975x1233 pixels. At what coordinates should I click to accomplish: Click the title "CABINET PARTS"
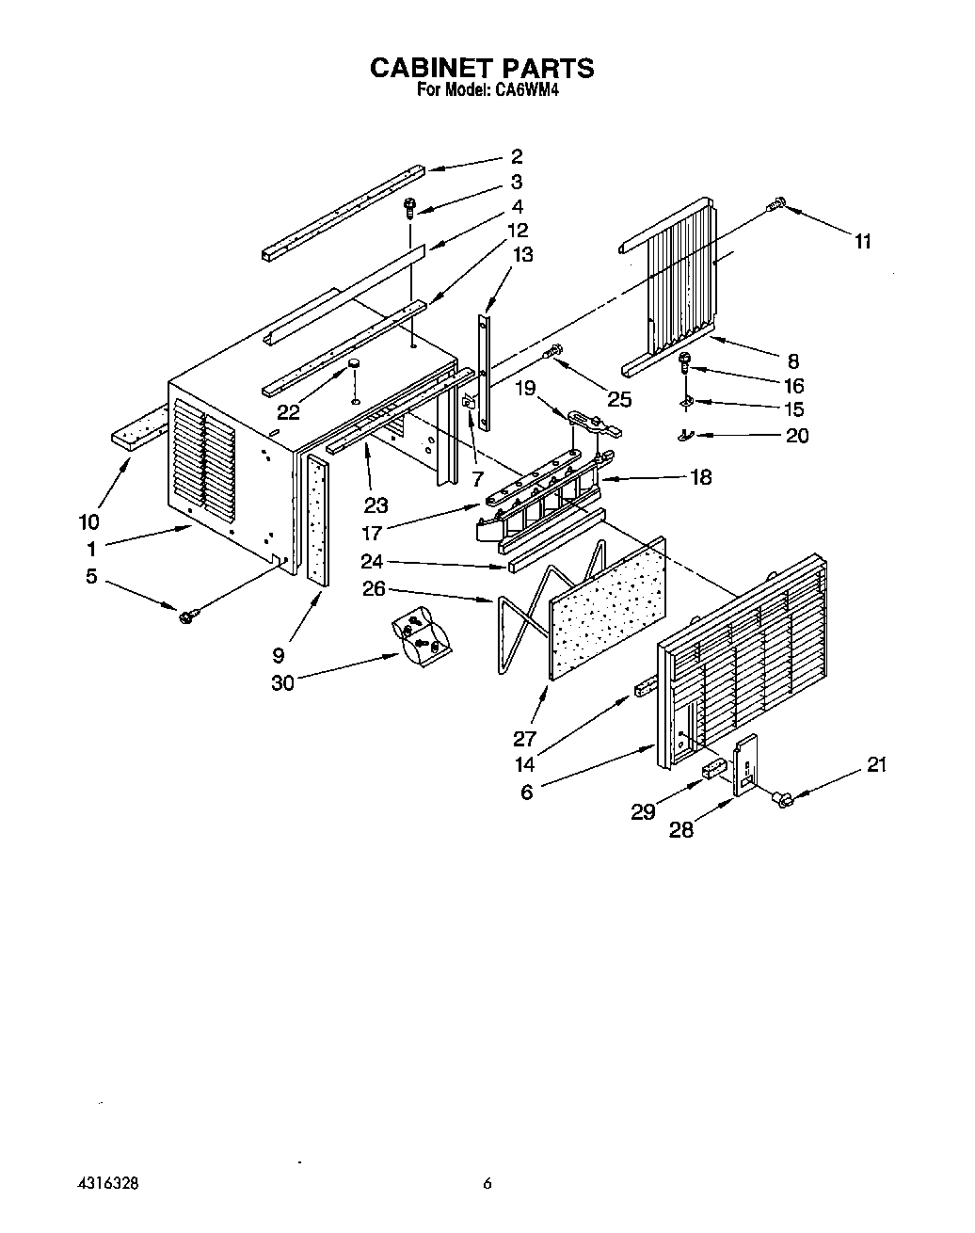coord(481,68)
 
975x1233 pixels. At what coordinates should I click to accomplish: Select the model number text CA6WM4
coord(521,91)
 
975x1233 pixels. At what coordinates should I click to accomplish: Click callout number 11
coord(862,241)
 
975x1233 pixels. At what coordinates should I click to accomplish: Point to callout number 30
coord(282,682)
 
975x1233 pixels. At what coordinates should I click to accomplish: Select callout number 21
coord(876,765)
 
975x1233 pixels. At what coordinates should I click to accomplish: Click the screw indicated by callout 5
coord(187,616)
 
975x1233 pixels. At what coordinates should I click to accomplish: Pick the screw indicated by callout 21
coord(781,799)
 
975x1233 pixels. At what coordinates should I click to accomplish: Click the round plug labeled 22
coord(356,363)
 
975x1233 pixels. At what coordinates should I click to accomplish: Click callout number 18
coord(700,477)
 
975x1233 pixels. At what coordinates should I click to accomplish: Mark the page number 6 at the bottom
coord(487,1184)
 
